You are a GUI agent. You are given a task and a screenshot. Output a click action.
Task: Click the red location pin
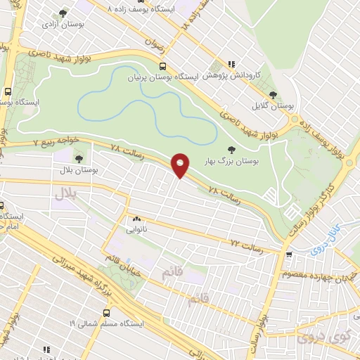coord(181,165)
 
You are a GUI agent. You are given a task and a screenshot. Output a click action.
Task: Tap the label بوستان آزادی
coord(60,24)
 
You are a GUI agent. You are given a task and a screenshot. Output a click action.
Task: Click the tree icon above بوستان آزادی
coord(63,13)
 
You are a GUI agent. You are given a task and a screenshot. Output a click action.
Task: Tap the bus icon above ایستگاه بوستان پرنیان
coord(162,66)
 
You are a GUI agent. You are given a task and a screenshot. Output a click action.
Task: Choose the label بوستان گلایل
coord(274,106)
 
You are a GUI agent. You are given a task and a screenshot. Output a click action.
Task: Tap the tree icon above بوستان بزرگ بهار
coord(232,149)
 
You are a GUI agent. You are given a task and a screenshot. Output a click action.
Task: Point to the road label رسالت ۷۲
coord(247,245)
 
